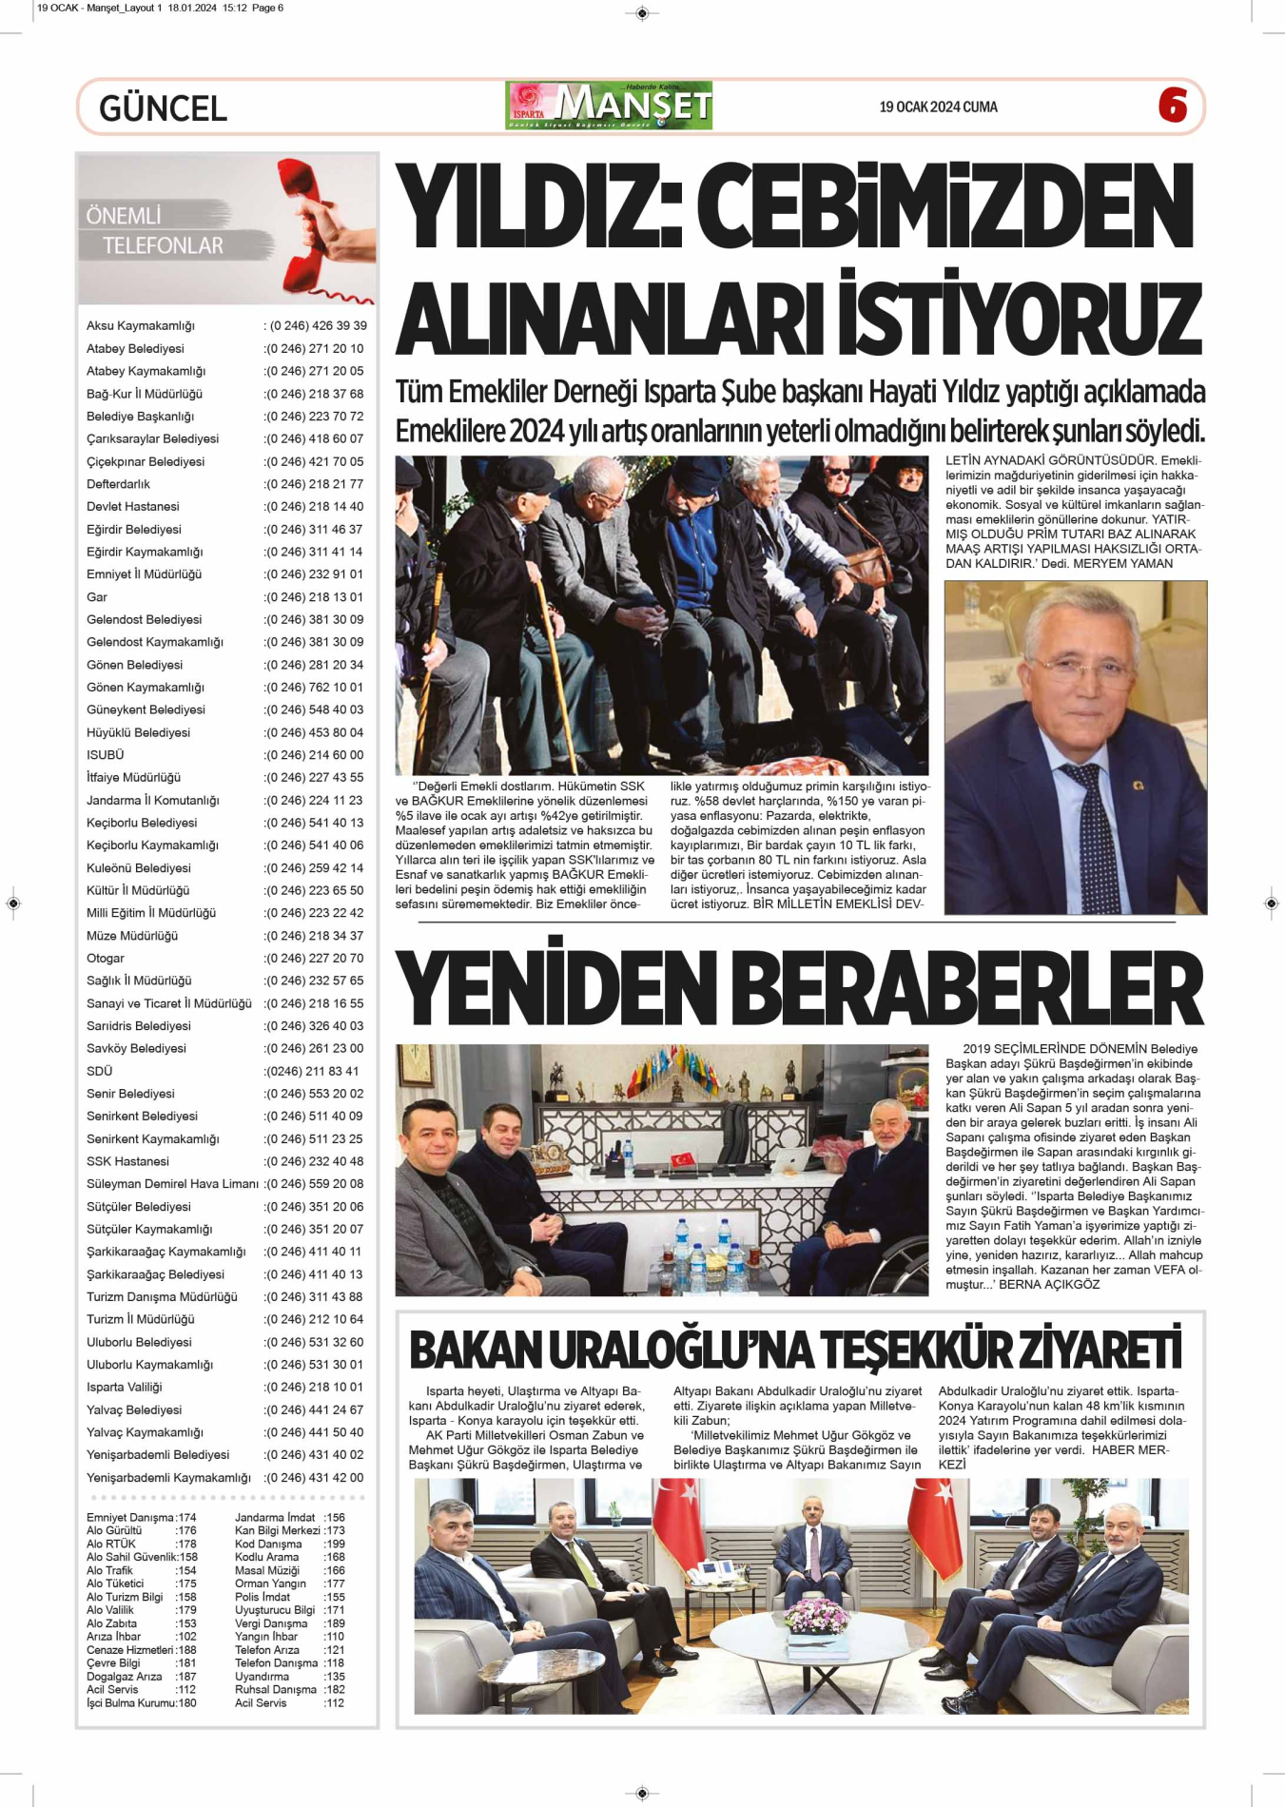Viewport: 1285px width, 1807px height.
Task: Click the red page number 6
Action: pos(1173,106)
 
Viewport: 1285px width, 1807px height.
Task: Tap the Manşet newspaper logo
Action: pos(609,106)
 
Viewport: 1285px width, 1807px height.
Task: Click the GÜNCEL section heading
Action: pos(163,108)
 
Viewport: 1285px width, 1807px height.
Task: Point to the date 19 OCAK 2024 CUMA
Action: pos(938,107)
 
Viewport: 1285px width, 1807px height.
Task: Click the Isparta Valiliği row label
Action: pos(125,1388)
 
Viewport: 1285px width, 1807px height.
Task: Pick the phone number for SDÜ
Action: pos(312,1071)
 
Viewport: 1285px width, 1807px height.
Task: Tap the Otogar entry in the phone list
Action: pos(106,959)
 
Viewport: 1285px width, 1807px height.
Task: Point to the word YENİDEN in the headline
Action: pos(555,988)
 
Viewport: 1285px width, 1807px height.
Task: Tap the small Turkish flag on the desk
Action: pos(682,1159)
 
